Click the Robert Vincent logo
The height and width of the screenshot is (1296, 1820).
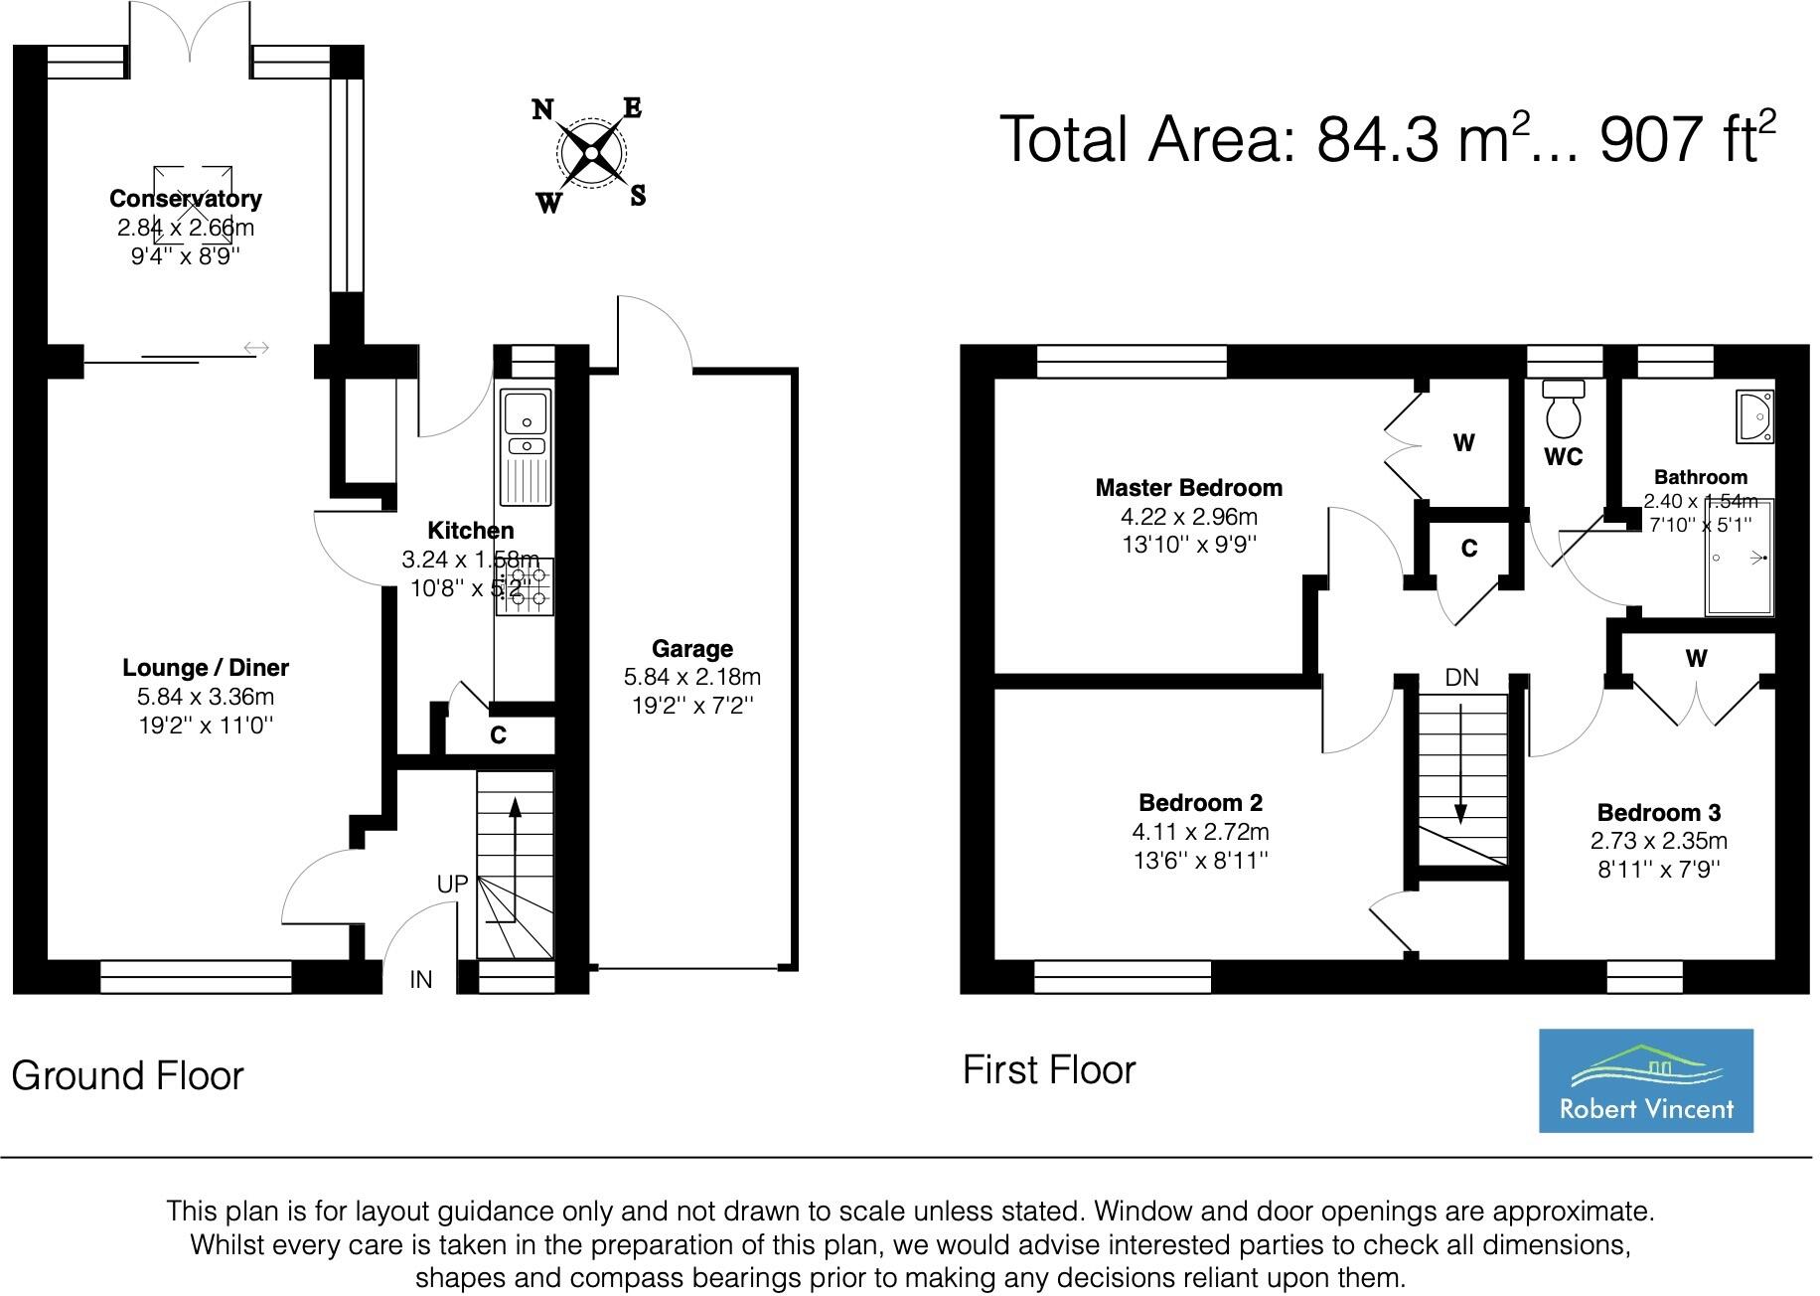point(1645,1080)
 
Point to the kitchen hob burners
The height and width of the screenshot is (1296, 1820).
point(527,587)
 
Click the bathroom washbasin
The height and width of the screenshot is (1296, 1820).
point(1754,416)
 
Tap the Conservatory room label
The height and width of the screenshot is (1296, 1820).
point(186,199)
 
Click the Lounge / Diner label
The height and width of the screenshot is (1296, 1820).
point(206,668)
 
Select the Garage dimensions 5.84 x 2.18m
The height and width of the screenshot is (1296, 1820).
point(692,678)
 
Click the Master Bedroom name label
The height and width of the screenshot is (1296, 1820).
point(1189,488)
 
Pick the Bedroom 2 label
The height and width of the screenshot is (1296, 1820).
point(1201,803)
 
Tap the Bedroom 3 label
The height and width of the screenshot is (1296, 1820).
point(1659,813)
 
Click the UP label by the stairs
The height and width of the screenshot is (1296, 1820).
point(452,884)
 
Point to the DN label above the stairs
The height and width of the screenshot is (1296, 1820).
point(1461,678)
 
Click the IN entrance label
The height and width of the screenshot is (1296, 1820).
point(421,980)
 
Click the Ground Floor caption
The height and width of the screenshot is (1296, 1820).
point(127,1076)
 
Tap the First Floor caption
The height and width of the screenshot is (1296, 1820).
point(1049,1070)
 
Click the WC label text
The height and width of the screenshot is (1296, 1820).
point(1564,457)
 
